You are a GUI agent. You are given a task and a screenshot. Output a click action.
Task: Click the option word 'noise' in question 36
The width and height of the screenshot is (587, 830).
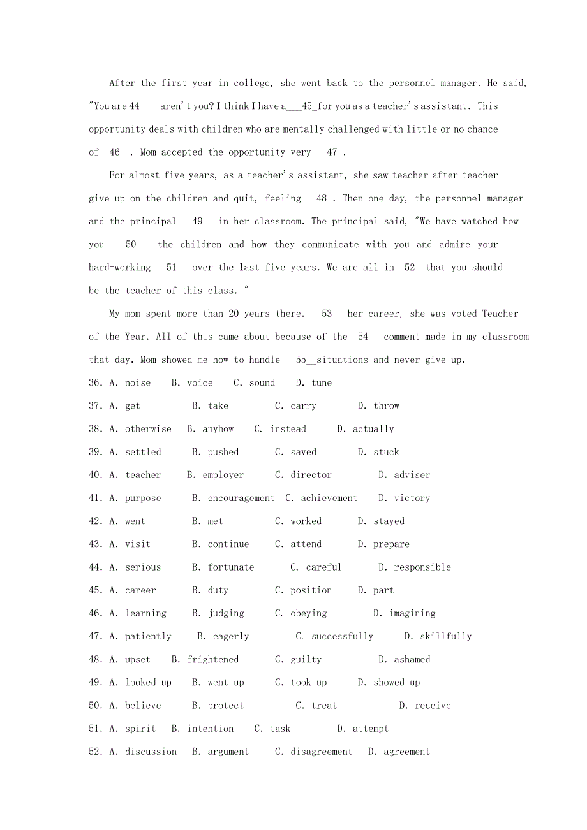point(138,383)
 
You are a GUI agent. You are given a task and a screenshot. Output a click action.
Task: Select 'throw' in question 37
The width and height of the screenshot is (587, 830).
point(387,406)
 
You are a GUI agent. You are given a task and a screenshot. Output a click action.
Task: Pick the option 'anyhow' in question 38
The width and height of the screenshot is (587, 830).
point(218,429)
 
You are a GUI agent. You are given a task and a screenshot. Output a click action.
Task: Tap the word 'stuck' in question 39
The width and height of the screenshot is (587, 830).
point(387,452)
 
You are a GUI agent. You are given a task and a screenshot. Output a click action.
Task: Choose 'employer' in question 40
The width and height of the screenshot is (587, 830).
point(223,475)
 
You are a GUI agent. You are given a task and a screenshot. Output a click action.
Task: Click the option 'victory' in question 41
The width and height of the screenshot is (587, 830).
point(412,498)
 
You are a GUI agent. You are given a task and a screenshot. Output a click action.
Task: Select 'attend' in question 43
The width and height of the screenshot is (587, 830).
point(306,544)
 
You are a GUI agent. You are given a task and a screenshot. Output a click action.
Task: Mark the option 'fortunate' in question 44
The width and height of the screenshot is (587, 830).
point(231,567)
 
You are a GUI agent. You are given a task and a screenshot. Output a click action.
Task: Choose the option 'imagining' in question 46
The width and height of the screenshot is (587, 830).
point(413,613)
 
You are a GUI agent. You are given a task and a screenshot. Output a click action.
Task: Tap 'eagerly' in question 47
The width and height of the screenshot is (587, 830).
point(231,636)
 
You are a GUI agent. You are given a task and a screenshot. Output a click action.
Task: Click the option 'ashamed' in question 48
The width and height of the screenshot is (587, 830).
point(412,659)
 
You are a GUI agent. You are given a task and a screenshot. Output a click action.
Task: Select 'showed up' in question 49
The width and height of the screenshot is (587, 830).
point(397,683)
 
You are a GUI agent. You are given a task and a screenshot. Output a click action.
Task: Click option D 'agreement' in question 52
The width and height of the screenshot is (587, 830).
point(407,752)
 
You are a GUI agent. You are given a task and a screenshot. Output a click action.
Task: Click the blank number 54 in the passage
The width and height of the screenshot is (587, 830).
point(363,337)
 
